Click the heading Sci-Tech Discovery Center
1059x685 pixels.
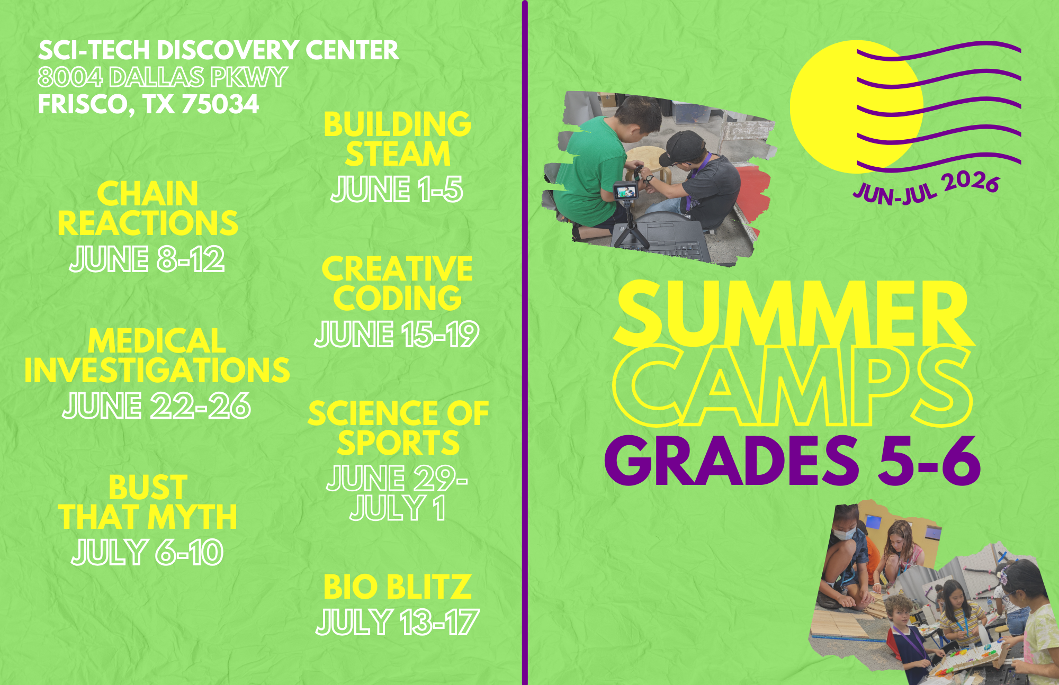point(218,50)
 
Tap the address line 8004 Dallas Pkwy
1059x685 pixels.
point(163,77)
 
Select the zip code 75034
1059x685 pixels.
point(220,104)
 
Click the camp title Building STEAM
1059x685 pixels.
point(397,139)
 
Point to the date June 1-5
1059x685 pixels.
point(397,189)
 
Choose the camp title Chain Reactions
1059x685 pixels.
point(148,208)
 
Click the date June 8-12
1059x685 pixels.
point(147,259)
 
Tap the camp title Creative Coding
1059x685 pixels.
point(397,283)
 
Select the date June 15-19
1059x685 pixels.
point(397,334)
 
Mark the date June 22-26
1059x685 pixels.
point(157,406)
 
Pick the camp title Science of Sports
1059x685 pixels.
point(398,428)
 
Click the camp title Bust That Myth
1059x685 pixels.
point(148,502)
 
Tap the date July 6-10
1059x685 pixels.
point(147,552)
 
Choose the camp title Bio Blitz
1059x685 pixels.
point(397,587)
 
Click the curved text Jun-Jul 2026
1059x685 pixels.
point(927,189)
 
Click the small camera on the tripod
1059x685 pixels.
point(626,190)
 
